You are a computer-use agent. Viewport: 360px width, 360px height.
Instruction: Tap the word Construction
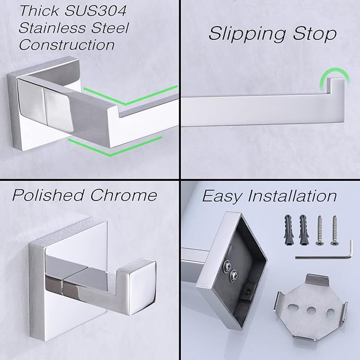coord(67,45)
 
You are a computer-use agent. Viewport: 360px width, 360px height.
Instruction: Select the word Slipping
coord(245,33)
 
